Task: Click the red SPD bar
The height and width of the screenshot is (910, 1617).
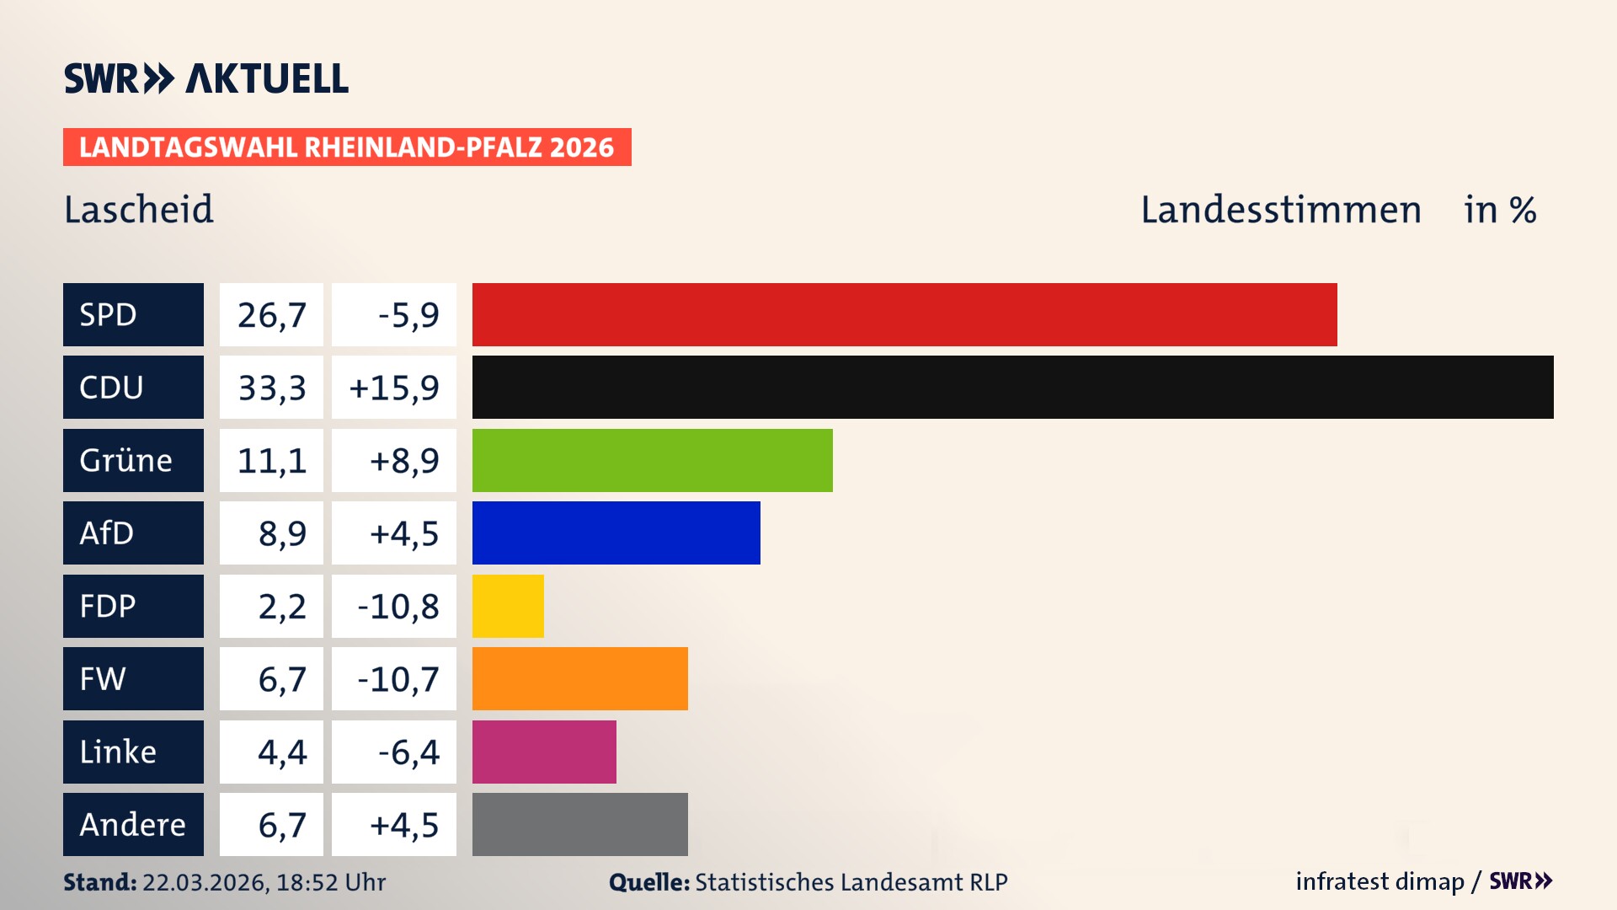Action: (905, 314)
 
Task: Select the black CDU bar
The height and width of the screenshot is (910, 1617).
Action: (1012, 387)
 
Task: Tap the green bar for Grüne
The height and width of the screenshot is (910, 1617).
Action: (652, 460)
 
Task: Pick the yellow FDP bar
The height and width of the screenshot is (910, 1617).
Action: (508, 606)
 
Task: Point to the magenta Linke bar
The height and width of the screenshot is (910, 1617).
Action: (544, 752)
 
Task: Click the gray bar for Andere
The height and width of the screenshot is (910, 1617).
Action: (579, 824)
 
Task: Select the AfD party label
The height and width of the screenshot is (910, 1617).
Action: (133, 533)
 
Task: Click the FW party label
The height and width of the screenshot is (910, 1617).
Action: (133, 678)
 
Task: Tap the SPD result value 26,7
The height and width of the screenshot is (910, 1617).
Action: (271, 314)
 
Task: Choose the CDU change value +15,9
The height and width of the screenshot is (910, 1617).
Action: (394, 387)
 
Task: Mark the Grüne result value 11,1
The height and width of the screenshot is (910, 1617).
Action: (271, 460)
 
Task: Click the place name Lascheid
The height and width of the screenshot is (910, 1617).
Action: (139, 209)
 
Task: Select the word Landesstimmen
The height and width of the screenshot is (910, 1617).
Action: (1280, 209)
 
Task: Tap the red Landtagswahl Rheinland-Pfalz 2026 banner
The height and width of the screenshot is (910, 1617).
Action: (347, 147)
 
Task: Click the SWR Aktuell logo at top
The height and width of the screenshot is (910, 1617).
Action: (206, 78)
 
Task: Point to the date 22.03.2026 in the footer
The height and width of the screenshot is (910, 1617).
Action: (205, 882)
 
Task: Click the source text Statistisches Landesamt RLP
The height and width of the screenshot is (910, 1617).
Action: (851, 882)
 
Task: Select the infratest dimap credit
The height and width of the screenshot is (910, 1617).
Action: (1380, 881)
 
